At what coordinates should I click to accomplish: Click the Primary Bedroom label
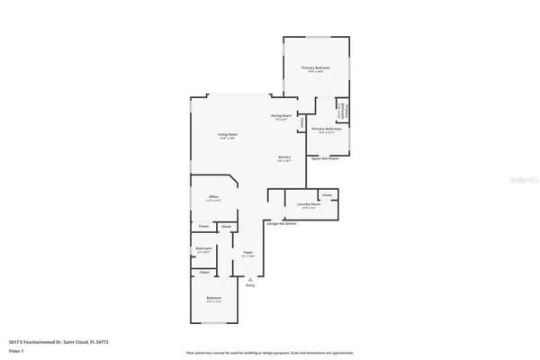(315, 68)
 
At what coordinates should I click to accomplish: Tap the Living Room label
(226, 136)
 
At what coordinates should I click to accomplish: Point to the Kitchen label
(284, 158)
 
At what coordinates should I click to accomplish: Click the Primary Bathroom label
(323, 130)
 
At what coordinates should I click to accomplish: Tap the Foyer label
(247, 254)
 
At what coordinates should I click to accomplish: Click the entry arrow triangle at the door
(250, 279)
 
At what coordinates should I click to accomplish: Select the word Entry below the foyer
(250, 285)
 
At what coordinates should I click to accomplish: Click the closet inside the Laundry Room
(327, 194)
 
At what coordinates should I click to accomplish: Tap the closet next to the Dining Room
(302, 121)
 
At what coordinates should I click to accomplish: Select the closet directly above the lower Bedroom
(204, 271)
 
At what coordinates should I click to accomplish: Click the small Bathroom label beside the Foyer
(204, 248)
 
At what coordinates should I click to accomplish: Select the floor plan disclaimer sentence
(270, 353)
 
